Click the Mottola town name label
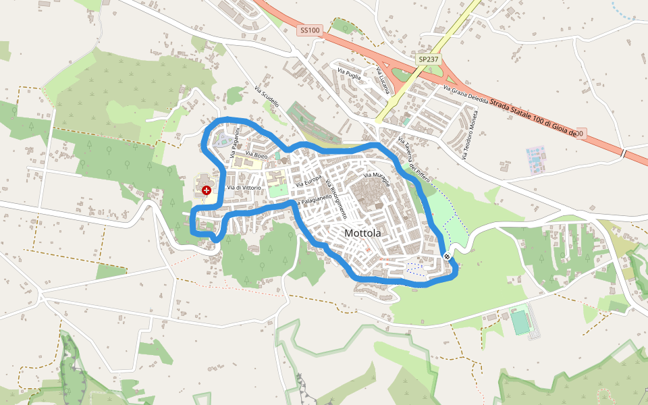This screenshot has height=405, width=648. (x=362, y=233)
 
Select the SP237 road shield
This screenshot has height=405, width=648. (x=427, y=59)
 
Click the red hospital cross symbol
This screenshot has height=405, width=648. (x=207, y=191)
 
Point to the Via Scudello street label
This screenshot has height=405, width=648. (x=267, y=96)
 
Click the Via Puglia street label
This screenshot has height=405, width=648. (x=349, y=74)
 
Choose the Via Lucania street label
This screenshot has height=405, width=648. (x=383, y=81)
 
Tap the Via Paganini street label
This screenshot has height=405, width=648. (x=235, y=142)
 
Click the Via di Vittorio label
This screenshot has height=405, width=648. (x=244, y=187)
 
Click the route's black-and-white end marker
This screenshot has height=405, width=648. (x=447, y=256)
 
